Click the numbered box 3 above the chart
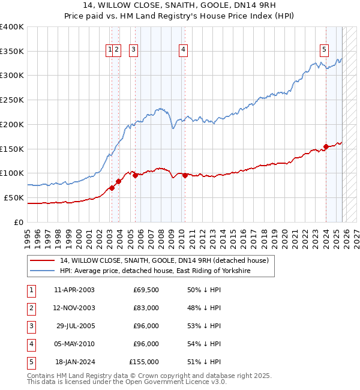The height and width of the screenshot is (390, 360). pyautogui.click(x=133, y=50)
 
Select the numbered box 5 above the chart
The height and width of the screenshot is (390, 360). pyautogui.click(x=324, y=50)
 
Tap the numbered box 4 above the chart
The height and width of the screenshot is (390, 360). pyautogui.click(x=182, y=50)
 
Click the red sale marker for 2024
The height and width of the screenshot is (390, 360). pyautogui.click(x=326, y=146)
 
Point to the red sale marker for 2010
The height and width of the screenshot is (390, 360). pyautogui.click(x=185, y=175)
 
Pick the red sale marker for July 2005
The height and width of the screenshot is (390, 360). pyautogui.click(x=136, y=175)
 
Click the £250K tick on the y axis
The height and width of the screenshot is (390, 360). pyautogui.click(x=11, y=100)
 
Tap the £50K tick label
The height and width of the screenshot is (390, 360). pyautogui.click(x=14, y=197)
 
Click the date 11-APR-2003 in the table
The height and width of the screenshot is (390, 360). pyautogui.click(x=74, y=290)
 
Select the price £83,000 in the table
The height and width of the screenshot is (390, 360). pyautogui.click(x=146, y=308)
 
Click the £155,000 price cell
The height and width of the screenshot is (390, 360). pyautogui.click(x=144, y=362)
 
